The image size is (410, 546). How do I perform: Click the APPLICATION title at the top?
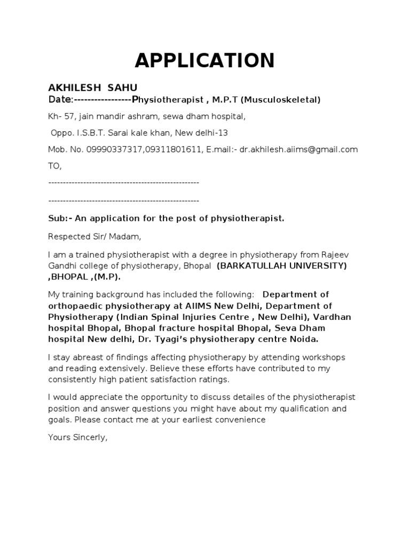[x=204, y=61]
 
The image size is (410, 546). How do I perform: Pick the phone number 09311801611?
[x=171, y=150]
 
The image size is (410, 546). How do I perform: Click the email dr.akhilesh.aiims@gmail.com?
[x=298, y=150]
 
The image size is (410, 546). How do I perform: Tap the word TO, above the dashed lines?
[x=55, y=166]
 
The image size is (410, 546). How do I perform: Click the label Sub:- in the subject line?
[x=59, y=219]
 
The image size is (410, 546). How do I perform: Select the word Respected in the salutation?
[x=67, y=236]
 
